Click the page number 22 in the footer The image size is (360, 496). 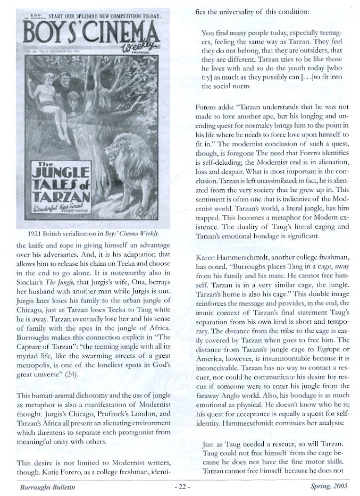pyautogui.click(x=181, y=485)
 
